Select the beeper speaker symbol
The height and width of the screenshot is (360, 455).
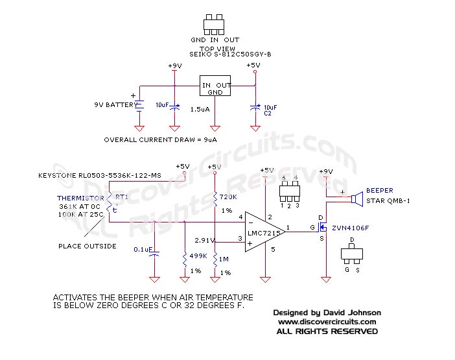coord(355,199)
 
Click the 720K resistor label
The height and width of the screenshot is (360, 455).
coord(229,197)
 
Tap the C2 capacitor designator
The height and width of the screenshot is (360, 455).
coord(267,113)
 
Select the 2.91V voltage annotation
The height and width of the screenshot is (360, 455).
coord(204,240)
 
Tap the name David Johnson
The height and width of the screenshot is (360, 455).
coord(354,313)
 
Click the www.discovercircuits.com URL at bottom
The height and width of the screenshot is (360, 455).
coord(327,322)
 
